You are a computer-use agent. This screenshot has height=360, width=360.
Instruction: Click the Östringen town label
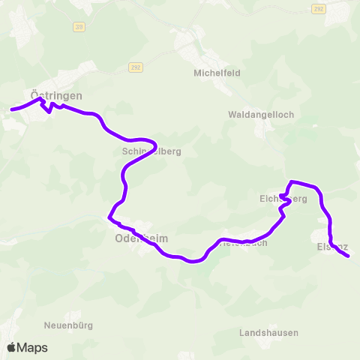pos(57,96)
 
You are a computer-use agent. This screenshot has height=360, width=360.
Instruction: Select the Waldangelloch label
pos(261,115)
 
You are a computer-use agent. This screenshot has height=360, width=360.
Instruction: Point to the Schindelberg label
pos(151,151)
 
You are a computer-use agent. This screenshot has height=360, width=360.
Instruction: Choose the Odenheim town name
pos(141,238)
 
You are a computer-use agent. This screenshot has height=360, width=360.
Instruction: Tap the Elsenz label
pos(333,245)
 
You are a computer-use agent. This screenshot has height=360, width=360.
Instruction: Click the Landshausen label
pos(269,332)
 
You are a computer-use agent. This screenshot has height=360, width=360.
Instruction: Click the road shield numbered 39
pos(79,26)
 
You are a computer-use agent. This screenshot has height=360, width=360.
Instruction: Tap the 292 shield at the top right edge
pos(318,8)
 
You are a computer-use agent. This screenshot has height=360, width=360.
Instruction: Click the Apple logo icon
pos(11,347)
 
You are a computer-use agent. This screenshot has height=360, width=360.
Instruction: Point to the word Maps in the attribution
pos(33,347)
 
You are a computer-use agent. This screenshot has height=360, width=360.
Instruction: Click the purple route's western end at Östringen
pos(11,110)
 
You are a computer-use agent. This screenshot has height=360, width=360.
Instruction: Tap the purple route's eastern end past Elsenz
pos(348,256)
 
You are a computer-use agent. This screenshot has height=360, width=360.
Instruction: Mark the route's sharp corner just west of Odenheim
pos(109,217)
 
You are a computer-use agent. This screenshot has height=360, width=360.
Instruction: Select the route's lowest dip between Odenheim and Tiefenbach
pos(193,262)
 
